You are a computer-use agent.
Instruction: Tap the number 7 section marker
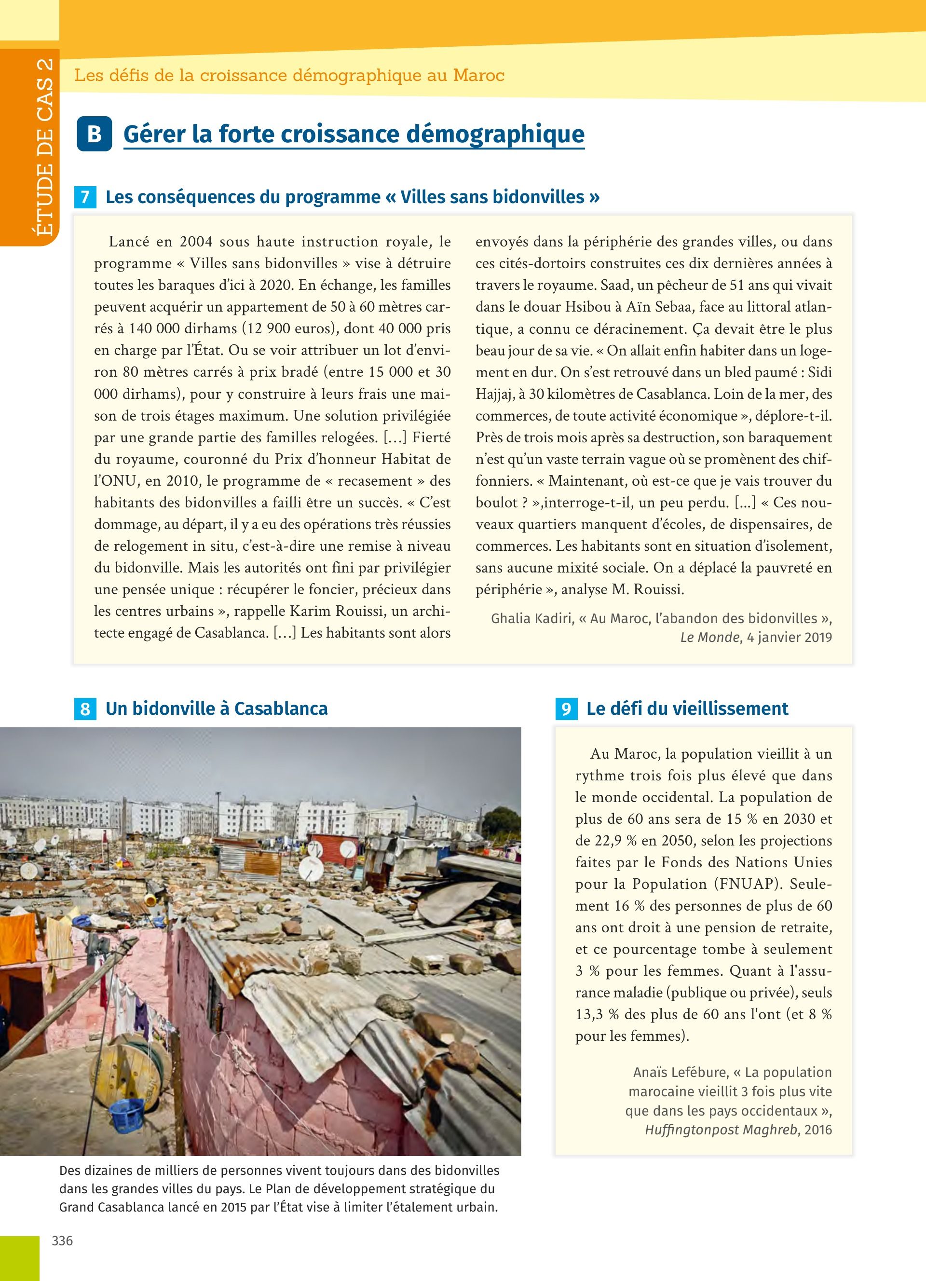(85, 197)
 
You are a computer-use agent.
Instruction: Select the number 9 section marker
(566, 709)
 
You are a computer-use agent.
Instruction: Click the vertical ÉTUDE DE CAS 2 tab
(43, 147)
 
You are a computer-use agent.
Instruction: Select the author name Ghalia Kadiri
(532, 618)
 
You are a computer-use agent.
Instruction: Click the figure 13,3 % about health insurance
(598, 1014)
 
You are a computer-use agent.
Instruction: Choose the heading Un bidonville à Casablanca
(216, 709)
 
